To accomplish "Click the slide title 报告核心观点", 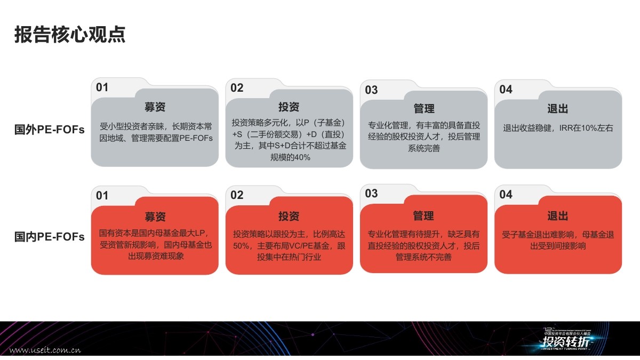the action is [70, 35].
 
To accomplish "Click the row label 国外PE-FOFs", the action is [49, 130].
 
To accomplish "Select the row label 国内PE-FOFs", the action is [49, 237].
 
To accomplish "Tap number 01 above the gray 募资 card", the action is [102, 87].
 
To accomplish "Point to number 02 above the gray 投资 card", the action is [237, 88].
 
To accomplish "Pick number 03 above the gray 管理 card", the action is [371, 90].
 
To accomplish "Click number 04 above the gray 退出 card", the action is [506, 89].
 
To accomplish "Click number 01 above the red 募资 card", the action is [102, 195].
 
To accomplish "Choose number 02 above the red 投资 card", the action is [237, 195].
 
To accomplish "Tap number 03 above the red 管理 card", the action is [371, 194].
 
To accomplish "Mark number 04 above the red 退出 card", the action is [506, 195].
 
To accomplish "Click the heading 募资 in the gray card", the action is [155, 107].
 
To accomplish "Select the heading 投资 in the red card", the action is [289, 216].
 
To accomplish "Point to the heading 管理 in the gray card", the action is [424, 109].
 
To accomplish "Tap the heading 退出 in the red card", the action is [558, 216].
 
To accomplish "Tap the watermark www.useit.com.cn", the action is [45, 350].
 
